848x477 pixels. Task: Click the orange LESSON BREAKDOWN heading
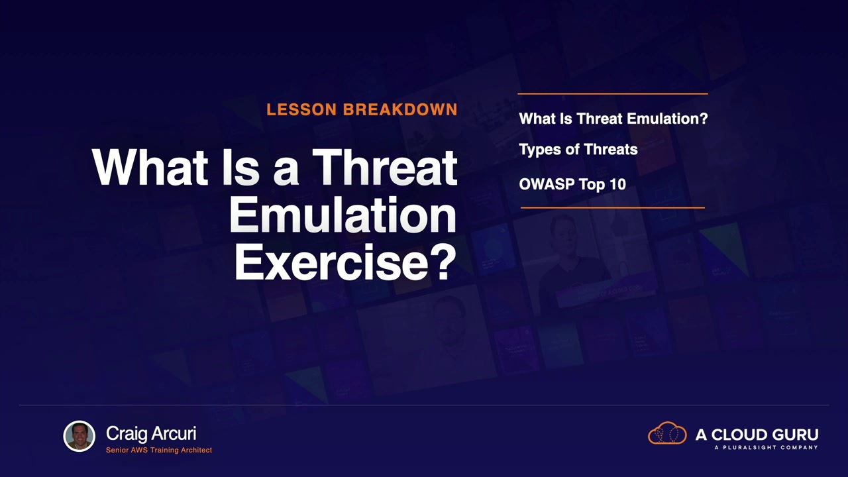[x=362, y=109]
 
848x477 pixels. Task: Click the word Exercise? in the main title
[x=345, y=262]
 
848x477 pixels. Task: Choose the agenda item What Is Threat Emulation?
[x=613, y=119]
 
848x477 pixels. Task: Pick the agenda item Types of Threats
[x=578, y=149]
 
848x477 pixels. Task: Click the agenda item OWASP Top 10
[x=572, y=184]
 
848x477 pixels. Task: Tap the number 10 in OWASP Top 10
[x=617, y=184]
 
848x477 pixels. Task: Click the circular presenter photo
[x=79, y=436]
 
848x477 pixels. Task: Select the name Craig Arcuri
[x=151, y=433]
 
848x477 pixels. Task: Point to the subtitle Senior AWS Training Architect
[x=159, y=450]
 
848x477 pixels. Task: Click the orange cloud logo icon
[x=667, y=433]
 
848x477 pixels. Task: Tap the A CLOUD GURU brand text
[x=757, y=435]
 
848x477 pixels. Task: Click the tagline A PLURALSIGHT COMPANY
[x=767, y=447]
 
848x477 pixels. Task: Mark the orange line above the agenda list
[x=613, y=93]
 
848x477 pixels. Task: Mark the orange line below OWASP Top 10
[x=613, y=207]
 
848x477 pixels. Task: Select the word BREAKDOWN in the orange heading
[x=400, y=109]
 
